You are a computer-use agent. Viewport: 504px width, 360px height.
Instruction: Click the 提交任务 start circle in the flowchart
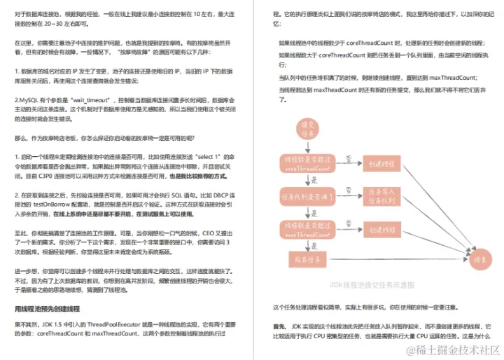pos(300,128)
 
